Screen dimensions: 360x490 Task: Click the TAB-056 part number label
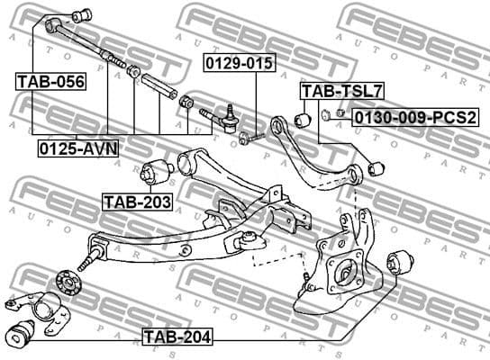click(x=50, y=82)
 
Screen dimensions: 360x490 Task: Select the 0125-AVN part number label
click(x=77, y=148)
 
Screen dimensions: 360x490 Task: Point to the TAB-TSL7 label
click(x=331, y=91)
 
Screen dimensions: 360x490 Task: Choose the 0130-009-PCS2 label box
click(x=414, y=116)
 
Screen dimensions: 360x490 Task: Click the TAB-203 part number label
click(x=136, y=202)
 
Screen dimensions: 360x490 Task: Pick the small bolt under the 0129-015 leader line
click(x=250, y=137)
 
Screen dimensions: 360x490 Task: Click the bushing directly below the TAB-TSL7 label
click(x=305, y=118)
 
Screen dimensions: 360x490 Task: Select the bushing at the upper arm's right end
click(x=378, y=166)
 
